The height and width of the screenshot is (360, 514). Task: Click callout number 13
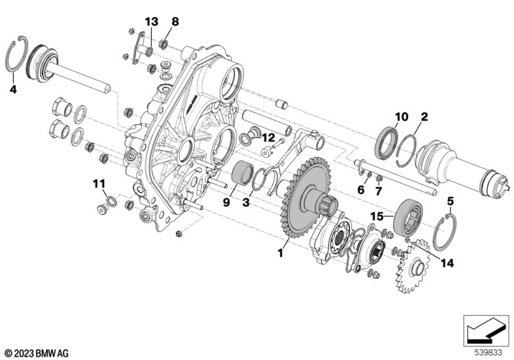pyautogui.click(x=152, y=22)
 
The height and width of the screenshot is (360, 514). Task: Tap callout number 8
pyautogui.click(x=175, y=22)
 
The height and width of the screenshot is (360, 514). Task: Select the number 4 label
pyautogui.click(x=13, y=89)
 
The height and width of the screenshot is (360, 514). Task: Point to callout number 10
pyautogui.click(x=402, y=116)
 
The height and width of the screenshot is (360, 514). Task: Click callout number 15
pyautogui.click(x=377, y=217)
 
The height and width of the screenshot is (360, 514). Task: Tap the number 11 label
pyautogui.click(x=99, y=184)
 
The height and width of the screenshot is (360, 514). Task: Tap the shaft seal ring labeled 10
pyautogui.click(x=386, y=143)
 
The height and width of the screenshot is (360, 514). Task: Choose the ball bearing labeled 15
pyautogui.click(x=407, y=217)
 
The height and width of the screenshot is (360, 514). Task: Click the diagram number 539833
pyautogui.click(x=488, y=353)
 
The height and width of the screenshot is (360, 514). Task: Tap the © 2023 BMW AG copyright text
pyautogui.click(x=37, y=354)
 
